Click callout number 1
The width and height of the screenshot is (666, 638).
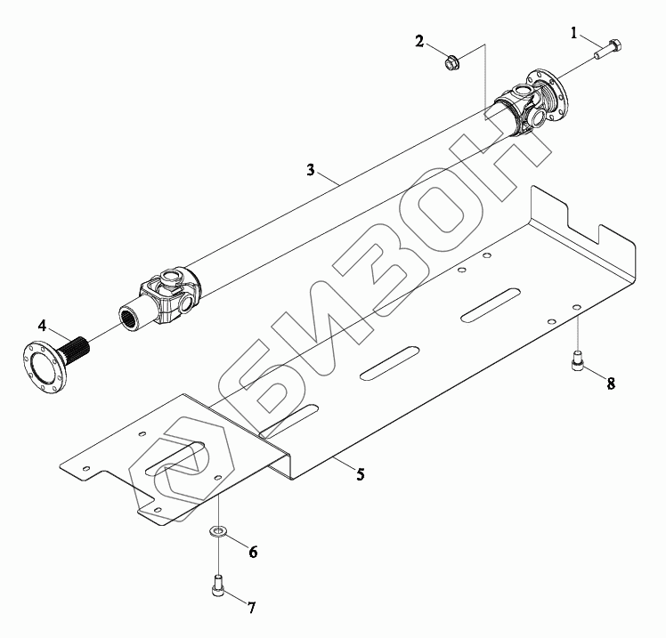pos(573,33)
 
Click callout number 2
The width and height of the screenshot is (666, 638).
pos(419,42)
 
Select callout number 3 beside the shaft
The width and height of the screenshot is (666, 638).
pos(311,170)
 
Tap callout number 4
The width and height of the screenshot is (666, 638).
pos(42,326)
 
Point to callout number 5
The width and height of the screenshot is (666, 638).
pos(361,474)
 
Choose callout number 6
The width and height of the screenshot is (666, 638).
pos(253,552)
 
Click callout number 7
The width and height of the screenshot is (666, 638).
pos(251,608)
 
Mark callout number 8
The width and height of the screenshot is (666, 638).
pos(611,384)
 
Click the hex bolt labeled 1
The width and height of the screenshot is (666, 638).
pos(608,50)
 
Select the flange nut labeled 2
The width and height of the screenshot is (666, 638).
pos(451,64)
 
